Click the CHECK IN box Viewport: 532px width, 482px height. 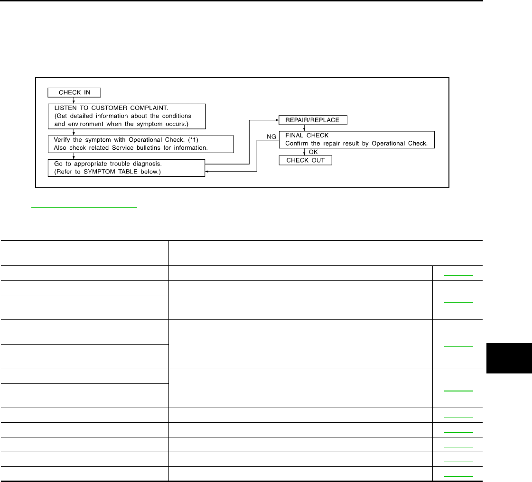point(75,92)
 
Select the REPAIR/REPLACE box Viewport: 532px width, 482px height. point(309,120)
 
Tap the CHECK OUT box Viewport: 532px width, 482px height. point(305,161)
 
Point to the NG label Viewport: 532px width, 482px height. point(271,136)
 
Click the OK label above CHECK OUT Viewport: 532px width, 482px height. point(312,152)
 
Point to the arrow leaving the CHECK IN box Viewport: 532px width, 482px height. point(73,100)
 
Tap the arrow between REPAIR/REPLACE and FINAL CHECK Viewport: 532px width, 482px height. point(304,127)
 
